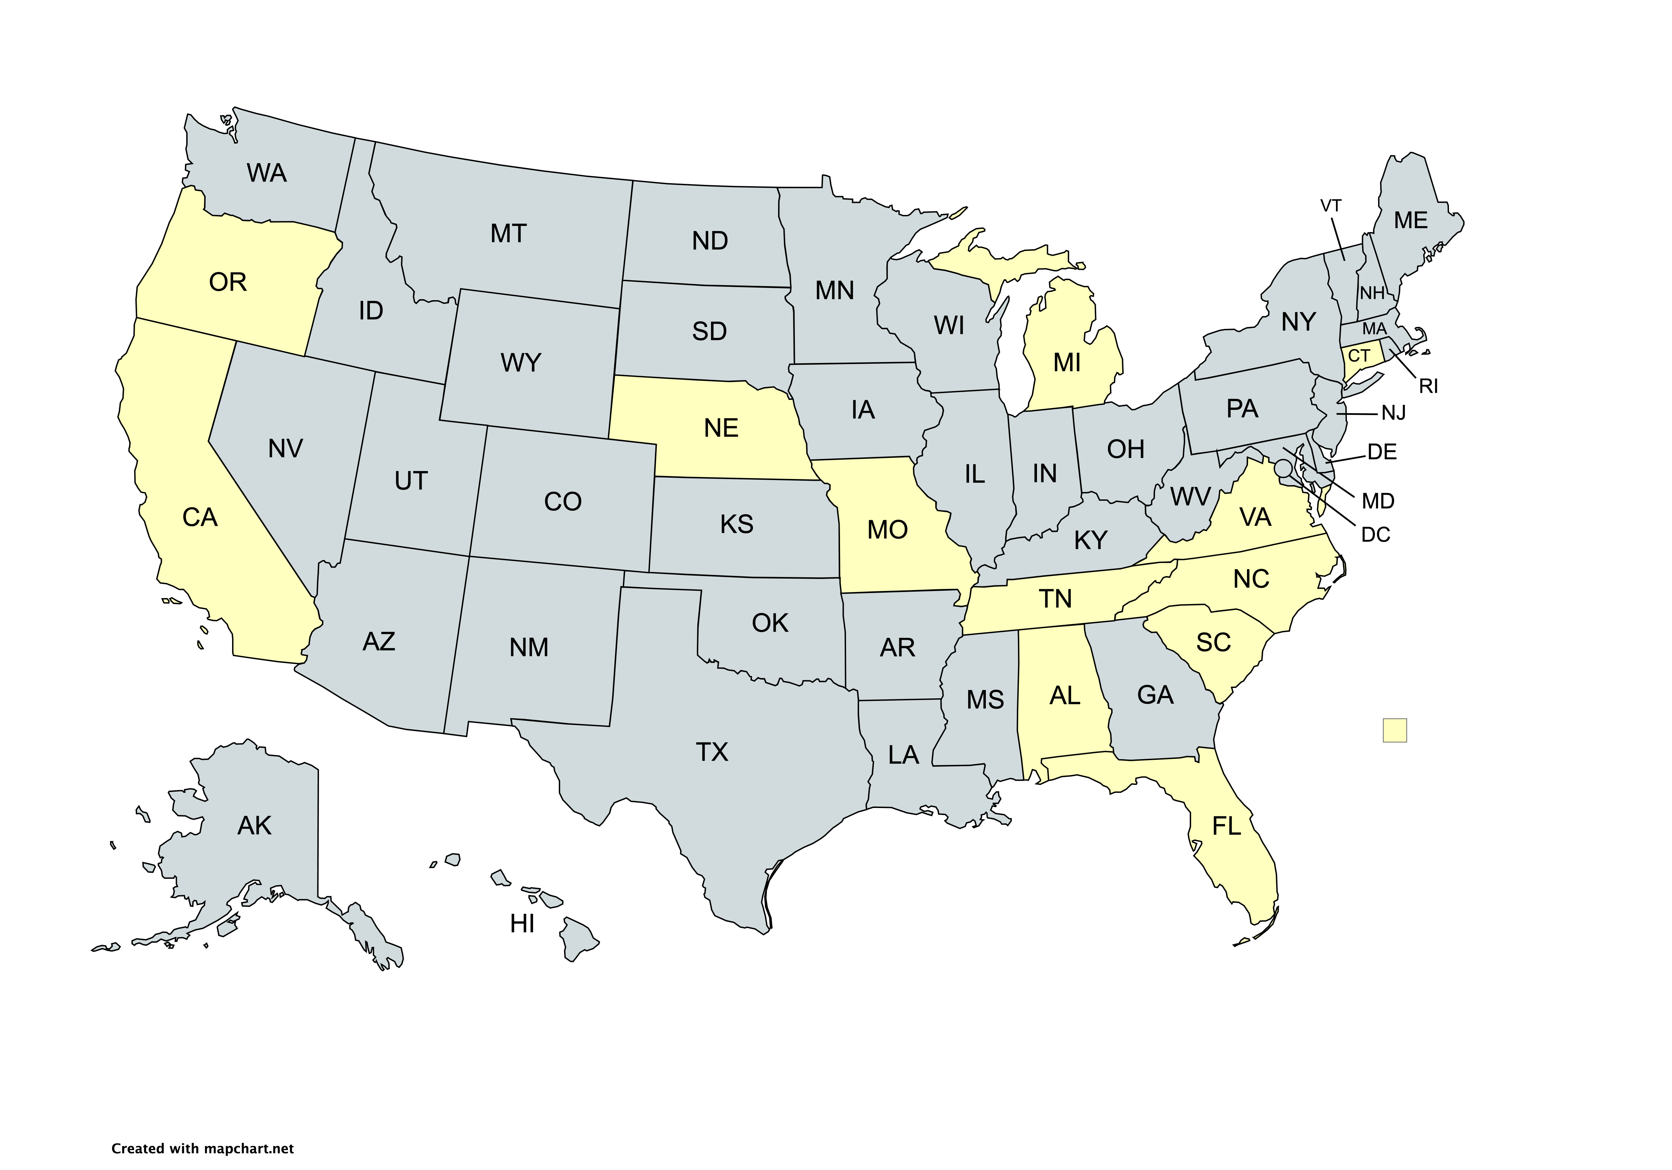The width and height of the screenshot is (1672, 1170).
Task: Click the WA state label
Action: (x=267, y=173)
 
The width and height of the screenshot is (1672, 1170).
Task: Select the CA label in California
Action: (x=200, y=518)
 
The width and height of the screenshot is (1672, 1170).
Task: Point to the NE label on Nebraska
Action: (x=721, y=428)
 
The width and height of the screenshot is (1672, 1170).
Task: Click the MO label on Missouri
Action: (x=887, y=530)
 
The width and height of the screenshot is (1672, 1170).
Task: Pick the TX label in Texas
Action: (x=712, y=752)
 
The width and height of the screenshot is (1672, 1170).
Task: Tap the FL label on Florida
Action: (x=1226, y=826)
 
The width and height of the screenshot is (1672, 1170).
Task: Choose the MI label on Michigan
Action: (x=1067, y=363)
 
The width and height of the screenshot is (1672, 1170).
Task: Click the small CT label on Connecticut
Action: (x=1359, y=356)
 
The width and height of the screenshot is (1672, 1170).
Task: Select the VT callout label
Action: (x=1331, y=206)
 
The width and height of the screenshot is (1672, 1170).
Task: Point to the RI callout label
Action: (x=1428, y=387)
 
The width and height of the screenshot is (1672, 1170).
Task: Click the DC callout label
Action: (x=1376, y=535)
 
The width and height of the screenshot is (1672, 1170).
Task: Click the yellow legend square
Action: (x=1394, y=730)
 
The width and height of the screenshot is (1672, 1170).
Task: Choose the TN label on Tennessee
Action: (x=1054, y=599)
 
